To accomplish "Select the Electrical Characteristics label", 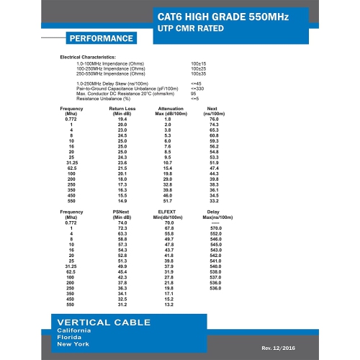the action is click(87, 56).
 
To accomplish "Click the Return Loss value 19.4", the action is click(122, 119).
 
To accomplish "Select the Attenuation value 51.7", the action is click(167, 199).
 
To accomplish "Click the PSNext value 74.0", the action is click(121, 223).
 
